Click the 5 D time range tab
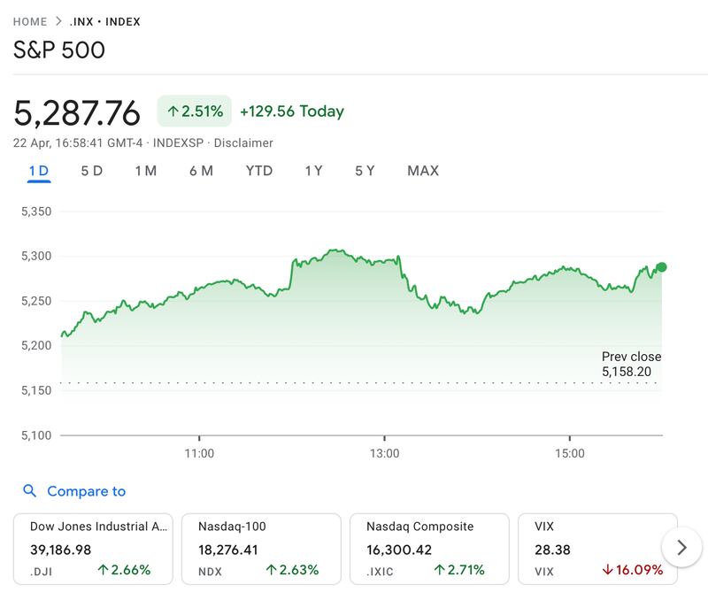91,171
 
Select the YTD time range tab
259,171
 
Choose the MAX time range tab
422,171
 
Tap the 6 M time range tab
201,171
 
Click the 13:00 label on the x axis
384,454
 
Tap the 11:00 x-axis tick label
199,454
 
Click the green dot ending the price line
661,266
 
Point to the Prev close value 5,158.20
627,372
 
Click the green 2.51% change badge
195,112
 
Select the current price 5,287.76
77,113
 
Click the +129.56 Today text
292,112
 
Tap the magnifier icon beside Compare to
30,491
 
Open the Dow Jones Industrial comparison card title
98,527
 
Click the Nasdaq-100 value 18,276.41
228,550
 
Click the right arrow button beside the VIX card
681,548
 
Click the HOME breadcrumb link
30,21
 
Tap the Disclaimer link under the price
243,142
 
